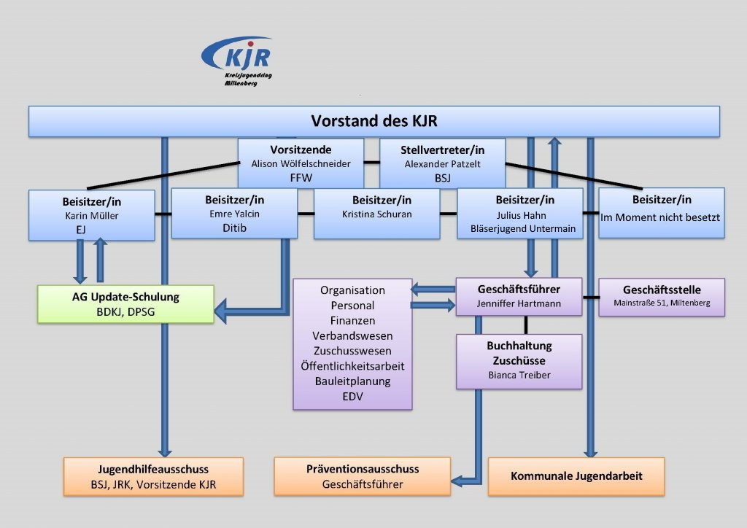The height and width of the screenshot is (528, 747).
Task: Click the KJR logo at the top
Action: click(237, 61)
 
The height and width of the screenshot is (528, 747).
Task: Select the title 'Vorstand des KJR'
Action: click(374, 121)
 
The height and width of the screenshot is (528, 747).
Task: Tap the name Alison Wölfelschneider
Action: click(301, 164)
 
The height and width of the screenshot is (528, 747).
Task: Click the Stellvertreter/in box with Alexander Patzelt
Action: click(442, 163)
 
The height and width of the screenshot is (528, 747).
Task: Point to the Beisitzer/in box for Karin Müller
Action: click(91, 215)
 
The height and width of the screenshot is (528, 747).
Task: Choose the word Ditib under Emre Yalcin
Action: click(234, 228)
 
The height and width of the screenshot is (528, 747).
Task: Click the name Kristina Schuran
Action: click(377, 214)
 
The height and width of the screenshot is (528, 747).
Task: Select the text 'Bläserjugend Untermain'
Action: click(523, 228)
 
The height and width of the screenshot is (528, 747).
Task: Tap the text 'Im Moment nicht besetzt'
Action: click(660, 217)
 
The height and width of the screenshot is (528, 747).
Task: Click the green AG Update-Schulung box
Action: click(125, 304)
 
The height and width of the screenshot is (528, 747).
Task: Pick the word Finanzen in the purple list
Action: click(352, 320)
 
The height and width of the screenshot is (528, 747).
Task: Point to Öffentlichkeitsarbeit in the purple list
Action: click(352, 366)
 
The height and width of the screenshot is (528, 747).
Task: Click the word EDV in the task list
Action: click(352, 397)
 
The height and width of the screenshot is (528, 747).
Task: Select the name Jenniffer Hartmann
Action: click(519, 304)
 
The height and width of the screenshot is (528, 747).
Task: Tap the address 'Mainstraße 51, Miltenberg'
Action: click(662, 303)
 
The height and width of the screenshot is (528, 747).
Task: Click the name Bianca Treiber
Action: click(519, 375)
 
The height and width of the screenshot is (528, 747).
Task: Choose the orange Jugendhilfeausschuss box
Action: click(153, 476)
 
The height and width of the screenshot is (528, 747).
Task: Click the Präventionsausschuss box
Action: click(362, 476)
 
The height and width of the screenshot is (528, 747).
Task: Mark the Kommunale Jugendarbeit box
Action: click(576, 476)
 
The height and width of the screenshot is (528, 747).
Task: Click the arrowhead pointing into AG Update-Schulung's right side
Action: click(220, 312)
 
